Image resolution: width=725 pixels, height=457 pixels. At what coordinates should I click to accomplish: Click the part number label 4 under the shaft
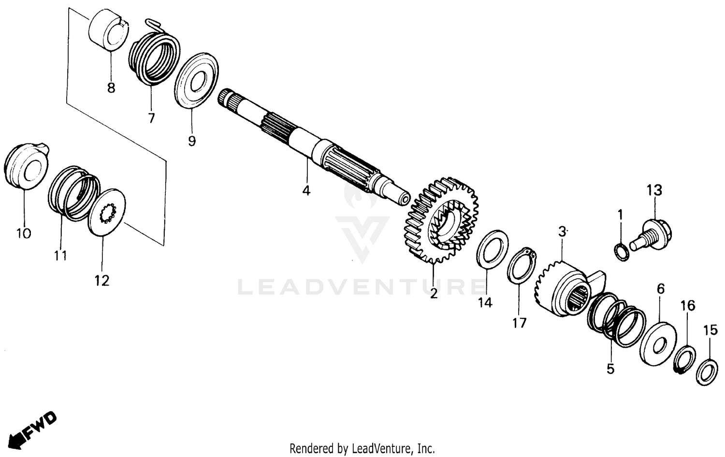(306, 190)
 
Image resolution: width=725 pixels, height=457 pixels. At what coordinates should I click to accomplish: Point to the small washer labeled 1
(622, 252)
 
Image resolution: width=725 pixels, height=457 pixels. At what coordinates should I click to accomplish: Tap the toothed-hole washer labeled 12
(107, 212)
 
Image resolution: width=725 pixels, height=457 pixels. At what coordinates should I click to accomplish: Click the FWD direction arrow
(34, 428)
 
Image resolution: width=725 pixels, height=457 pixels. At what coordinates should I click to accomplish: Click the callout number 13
(654, 190)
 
